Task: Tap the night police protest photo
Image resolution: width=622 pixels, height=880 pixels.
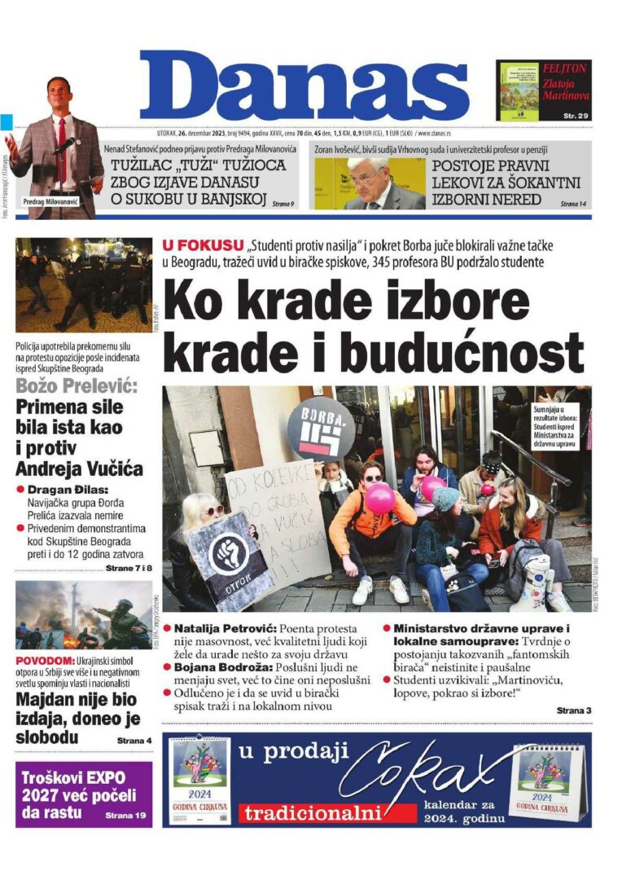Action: point(84,285)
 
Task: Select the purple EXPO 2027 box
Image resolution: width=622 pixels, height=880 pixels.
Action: point(84,794)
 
